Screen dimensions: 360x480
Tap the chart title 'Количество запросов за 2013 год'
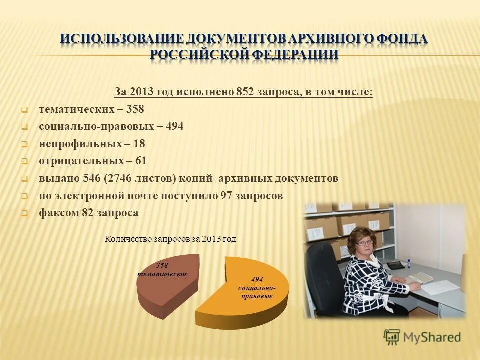pyautogui.click(x=170, y=239)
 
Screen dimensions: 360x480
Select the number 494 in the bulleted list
pyautogui.click(x=174, y=126)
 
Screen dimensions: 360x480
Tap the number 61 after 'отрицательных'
pyautogui.click(x=141, y=161)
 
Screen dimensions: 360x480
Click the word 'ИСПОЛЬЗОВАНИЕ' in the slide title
pyautogui.click(x=122, y=39)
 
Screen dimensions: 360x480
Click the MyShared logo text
pyautogui.click(x=433, y=337)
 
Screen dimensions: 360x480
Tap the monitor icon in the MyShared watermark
pyautogui.click(x=392, y=336)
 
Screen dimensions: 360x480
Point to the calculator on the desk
pyautogui.click(x=395, y=265)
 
